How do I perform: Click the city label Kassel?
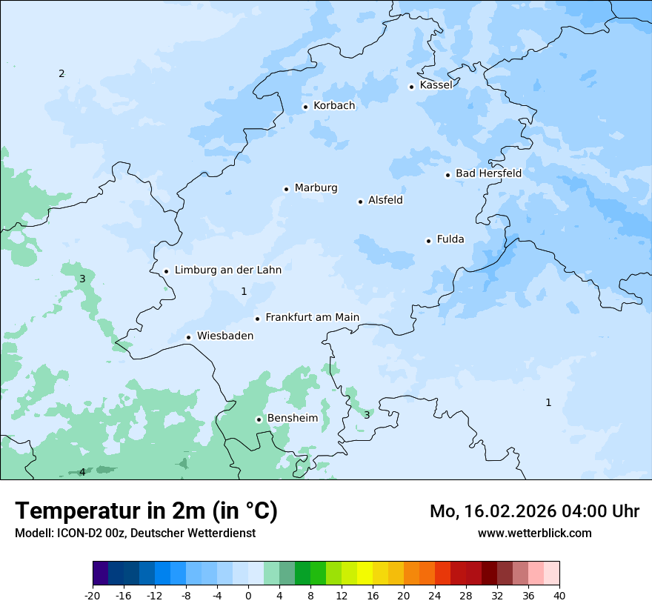[x=436, y=85]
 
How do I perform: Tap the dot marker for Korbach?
[x=305, y=107]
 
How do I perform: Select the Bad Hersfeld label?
[x=488, y=173]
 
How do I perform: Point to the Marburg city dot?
[x=286, y=189]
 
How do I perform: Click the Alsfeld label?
[x=385, y=200]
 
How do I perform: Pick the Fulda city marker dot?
[x=428, y=241]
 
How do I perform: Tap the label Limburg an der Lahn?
[x=227, y=270]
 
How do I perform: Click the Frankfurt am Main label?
[x=312, y=317]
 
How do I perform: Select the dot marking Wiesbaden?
[x=188, y=337]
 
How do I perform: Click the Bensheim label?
[x=292, y=418]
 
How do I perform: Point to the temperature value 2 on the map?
[x=61, y=73]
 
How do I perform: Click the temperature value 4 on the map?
[x=82, y=472]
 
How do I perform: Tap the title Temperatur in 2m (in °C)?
[x=146, y=511]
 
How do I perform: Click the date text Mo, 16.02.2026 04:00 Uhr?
[x=534, y=511]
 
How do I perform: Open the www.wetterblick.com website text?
[x=534, y=533]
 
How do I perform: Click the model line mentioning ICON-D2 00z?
[x=135, y=533]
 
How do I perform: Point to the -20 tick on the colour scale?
[x=93, y=595]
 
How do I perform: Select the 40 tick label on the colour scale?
[x=559, y=595]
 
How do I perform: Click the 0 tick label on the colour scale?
[x=248, y=595]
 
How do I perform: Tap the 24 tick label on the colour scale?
[x=435, y=595]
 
